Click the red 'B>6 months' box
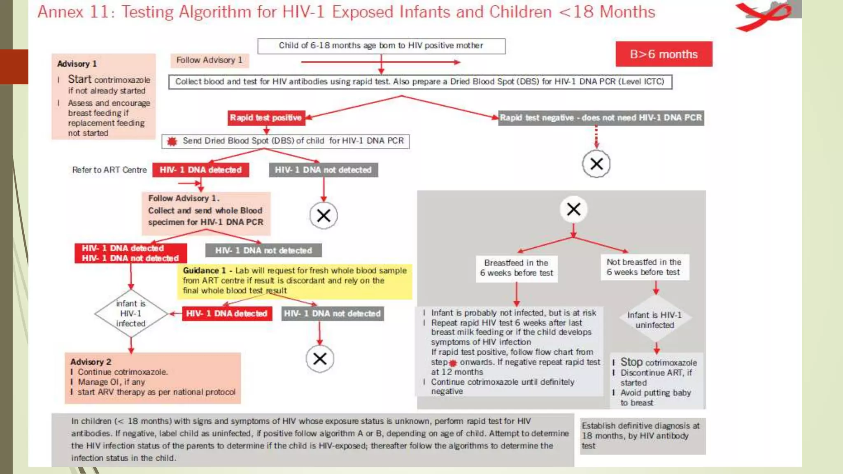664,54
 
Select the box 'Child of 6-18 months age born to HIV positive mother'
381,46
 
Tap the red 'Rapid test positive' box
266,118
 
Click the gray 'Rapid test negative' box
601,118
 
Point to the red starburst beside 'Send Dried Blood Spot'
172,142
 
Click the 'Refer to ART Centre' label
109,170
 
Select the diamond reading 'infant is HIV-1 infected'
131,314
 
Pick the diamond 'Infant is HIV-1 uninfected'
654,320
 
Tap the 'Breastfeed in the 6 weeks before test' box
517,268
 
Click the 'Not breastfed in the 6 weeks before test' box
644,267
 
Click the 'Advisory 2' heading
91,362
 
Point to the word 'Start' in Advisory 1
79,79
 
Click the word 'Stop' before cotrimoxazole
631,362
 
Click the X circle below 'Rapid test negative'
596,164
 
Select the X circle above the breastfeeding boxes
573,209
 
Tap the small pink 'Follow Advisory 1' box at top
209,60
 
